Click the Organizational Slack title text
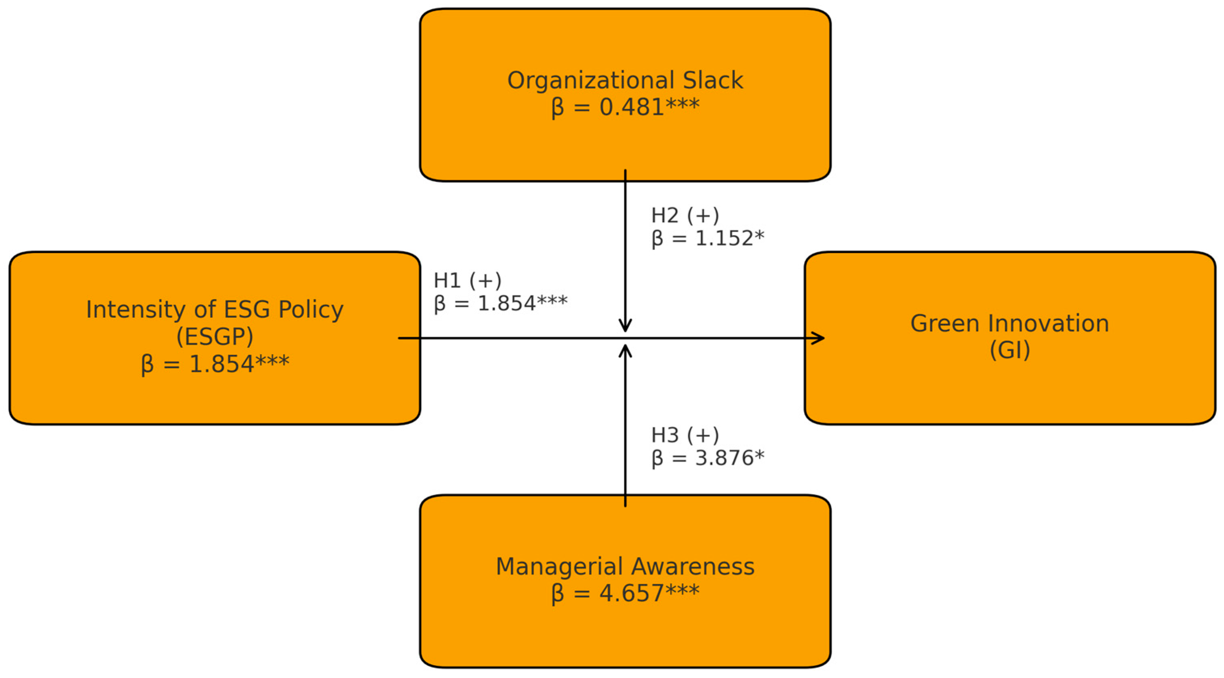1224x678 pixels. pos(625,80)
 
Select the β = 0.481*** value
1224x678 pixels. pos(625,107)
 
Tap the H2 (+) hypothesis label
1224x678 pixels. pos(685,216)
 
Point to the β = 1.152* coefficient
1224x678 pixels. pos(708,239)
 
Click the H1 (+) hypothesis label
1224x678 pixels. pos(467,281)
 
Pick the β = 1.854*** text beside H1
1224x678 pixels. pos(500,304)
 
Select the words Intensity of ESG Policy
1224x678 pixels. pos(214,310)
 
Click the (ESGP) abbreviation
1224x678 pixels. pos(214,337)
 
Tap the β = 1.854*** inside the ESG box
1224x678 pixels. pos(215,365)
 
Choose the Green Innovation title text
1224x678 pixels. pos(1009,324)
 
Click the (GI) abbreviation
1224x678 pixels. pos(1009,351)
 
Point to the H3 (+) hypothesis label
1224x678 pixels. pos(685,435)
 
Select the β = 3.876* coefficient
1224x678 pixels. pos(708,458)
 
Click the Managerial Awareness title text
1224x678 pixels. pos(625,567)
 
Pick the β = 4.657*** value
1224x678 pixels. pos(625,594)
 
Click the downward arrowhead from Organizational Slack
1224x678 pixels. pos(625,326)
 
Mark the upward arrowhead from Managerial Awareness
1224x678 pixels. pos(625,351)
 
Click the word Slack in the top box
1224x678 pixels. pos(713,80)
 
